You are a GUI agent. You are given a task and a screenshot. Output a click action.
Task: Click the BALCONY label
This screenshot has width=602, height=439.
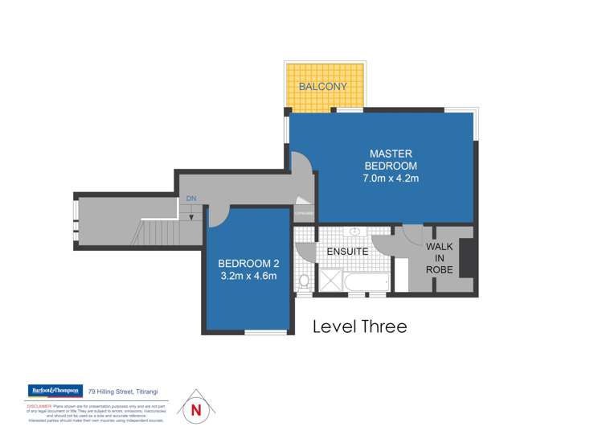[324, 86]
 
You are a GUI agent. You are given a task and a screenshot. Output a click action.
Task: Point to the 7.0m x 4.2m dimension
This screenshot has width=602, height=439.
[391, 178]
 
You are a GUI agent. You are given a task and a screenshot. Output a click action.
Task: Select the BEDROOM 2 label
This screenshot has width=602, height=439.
[248, 264]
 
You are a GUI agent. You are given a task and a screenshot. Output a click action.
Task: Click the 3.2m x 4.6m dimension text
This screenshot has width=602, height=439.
[248, 277]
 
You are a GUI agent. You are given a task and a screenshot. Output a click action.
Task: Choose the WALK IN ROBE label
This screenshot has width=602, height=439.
[440, 258]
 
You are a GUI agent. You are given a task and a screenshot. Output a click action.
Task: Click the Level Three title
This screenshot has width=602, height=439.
[359, 326]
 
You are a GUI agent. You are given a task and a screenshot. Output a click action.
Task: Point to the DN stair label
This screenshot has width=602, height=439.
[190, 199]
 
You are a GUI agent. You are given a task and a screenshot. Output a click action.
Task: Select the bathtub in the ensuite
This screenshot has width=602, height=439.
[366, 282]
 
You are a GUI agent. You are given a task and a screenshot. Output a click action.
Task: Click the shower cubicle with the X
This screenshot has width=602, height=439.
[330, 281]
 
